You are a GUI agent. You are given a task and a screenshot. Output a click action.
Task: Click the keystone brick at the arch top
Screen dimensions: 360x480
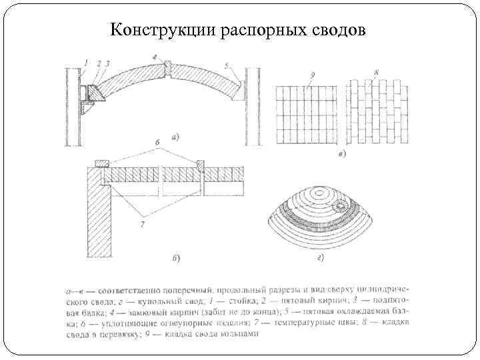click(x=169, y=68)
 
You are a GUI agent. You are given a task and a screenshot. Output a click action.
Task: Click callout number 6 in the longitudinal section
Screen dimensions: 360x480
click(x=157, y=142)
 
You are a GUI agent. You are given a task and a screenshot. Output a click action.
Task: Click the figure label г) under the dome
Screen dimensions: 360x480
click(x=321, y=257)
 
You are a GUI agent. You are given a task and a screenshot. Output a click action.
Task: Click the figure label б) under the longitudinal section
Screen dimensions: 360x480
click(x=175, y=257)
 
